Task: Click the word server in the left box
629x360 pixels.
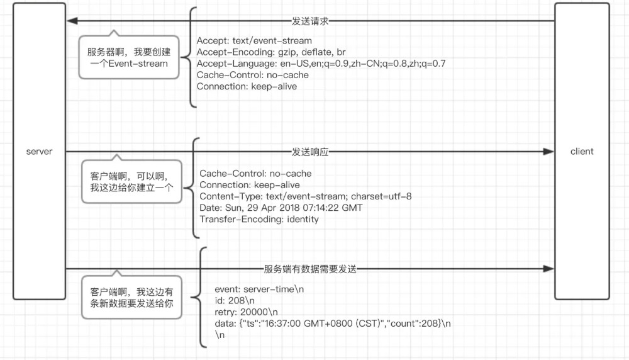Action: point(39,152)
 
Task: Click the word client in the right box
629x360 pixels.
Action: point(582,152)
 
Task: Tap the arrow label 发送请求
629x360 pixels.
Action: point(311,21)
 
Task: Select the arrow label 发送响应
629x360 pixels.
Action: point(311,152)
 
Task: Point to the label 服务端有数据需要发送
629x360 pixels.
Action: point(311,269)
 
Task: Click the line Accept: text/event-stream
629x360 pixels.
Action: point(253,41)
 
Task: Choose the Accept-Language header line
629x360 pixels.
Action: point(321,64)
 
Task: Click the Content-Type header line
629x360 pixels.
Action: point(306,196)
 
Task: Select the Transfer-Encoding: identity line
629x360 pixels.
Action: point(259,219)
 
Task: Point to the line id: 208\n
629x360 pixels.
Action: point(237,301)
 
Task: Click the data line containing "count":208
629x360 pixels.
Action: point(333,323)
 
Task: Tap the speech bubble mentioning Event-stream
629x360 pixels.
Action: point(128,57)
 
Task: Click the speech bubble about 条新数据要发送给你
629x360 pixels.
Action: point(131,298)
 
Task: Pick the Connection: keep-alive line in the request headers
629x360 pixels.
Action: point(247,86)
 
